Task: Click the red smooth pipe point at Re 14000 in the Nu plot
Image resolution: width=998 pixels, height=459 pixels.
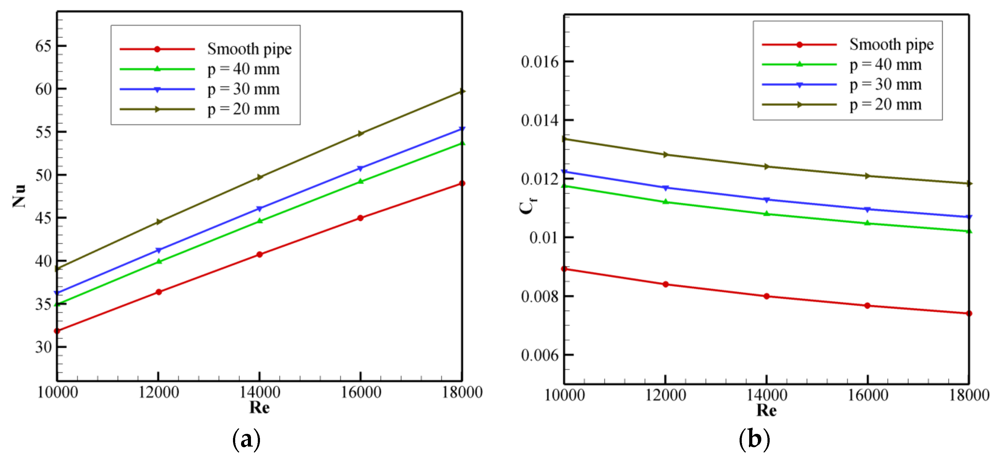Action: coord(260,254)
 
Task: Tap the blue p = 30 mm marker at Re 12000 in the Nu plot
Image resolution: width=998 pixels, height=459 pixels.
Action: coord(159,250)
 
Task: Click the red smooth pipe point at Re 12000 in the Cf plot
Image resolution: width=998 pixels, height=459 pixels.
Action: coord(665,284)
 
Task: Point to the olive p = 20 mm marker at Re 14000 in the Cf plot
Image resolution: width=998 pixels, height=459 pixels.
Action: coord(766,167)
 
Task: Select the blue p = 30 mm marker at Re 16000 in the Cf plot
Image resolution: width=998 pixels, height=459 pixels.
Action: coord(867,209)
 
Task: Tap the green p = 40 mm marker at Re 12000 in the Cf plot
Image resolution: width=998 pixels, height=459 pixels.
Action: coord(665,202)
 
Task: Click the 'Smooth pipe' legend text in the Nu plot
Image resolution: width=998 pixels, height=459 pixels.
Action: coord(249,49)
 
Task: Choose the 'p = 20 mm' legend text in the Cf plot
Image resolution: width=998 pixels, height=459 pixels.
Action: coord(885,105)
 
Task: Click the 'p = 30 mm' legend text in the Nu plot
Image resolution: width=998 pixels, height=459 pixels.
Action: coord(243,89)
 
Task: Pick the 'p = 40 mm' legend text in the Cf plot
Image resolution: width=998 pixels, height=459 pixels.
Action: coord(885,64)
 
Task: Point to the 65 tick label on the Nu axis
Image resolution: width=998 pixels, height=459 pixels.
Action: coord(43,46)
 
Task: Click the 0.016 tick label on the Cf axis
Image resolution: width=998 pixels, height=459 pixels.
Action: coord(540,62)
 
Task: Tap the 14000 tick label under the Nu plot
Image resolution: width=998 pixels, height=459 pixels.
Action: coord(260,392)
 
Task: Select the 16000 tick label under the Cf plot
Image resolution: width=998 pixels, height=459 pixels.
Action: coord(868,395)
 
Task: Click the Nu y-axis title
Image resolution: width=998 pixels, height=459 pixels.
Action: coord(19,196)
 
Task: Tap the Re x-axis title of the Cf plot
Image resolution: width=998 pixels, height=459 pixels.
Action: coord(766,410)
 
